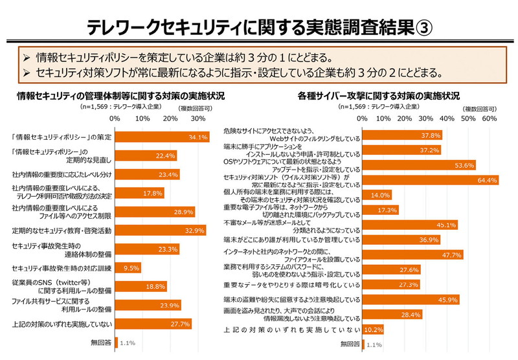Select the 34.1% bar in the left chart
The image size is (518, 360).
(x=161, y=137)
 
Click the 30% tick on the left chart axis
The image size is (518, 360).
(x=198, y=119)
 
